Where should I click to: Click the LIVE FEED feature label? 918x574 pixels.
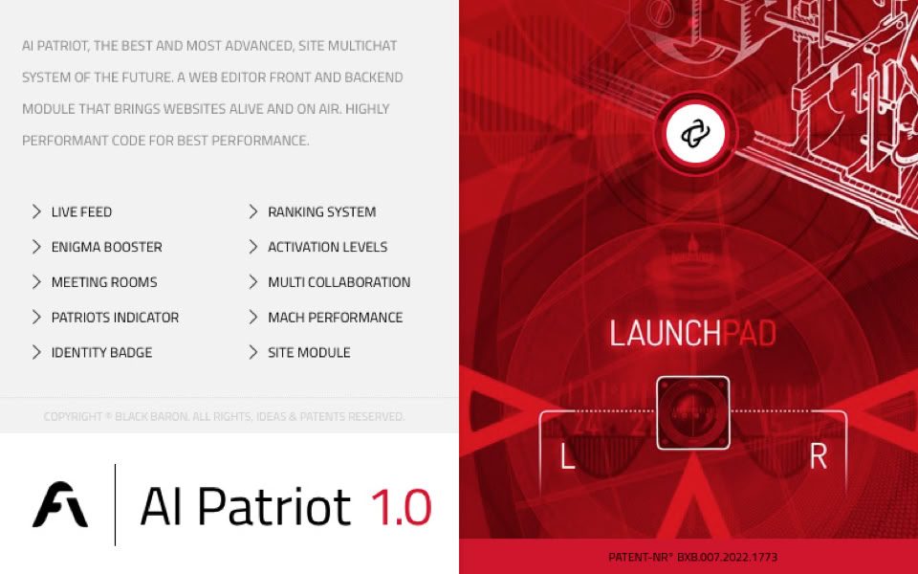click(x=81, y=211)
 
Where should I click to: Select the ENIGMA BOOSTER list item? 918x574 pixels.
click(x=106, y=247)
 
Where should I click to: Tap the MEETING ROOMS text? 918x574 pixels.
click(x=103, y=282)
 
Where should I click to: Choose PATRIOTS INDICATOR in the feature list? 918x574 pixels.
click(x=115, y=318)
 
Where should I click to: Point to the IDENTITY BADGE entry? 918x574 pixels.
click(x=101, y=352)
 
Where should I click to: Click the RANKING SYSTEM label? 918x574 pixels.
click(x=321, y=211)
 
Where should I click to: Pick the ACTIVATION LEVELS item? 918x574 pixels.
click(x=327, y=247)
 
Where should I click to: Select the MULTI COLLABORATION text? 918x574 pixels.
click(x=339, y=282)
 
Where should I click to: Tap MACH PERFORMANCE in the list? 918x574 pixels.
click(x=335, y=318)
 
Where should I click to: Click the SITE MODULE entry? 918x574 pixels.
click(x=309, y=352)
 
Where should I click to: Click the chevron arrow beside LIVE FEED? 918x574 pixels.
click(x=36, y=211)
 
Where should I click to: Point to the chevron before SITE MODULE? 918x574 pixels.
click(x=253, y=352)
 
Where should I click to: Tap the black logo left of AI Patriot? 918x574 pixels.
click(x=60, y=504)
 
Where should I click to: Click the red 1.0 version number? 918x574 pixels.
click(x=401, y=506)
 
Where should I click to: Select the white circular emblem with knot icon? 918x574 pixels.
click(x=695, y=134)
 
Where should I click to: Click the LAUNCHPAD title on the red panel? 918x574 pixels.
click(x=692, y=334)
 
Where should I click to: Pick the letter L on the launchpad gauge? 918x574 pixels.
click(x=567, y=458)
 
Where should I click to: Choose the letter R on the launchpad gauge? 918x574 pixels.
click(x=818, y=458)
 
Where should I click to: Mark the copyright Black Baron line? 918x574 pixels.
click(x=224, y=417)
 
